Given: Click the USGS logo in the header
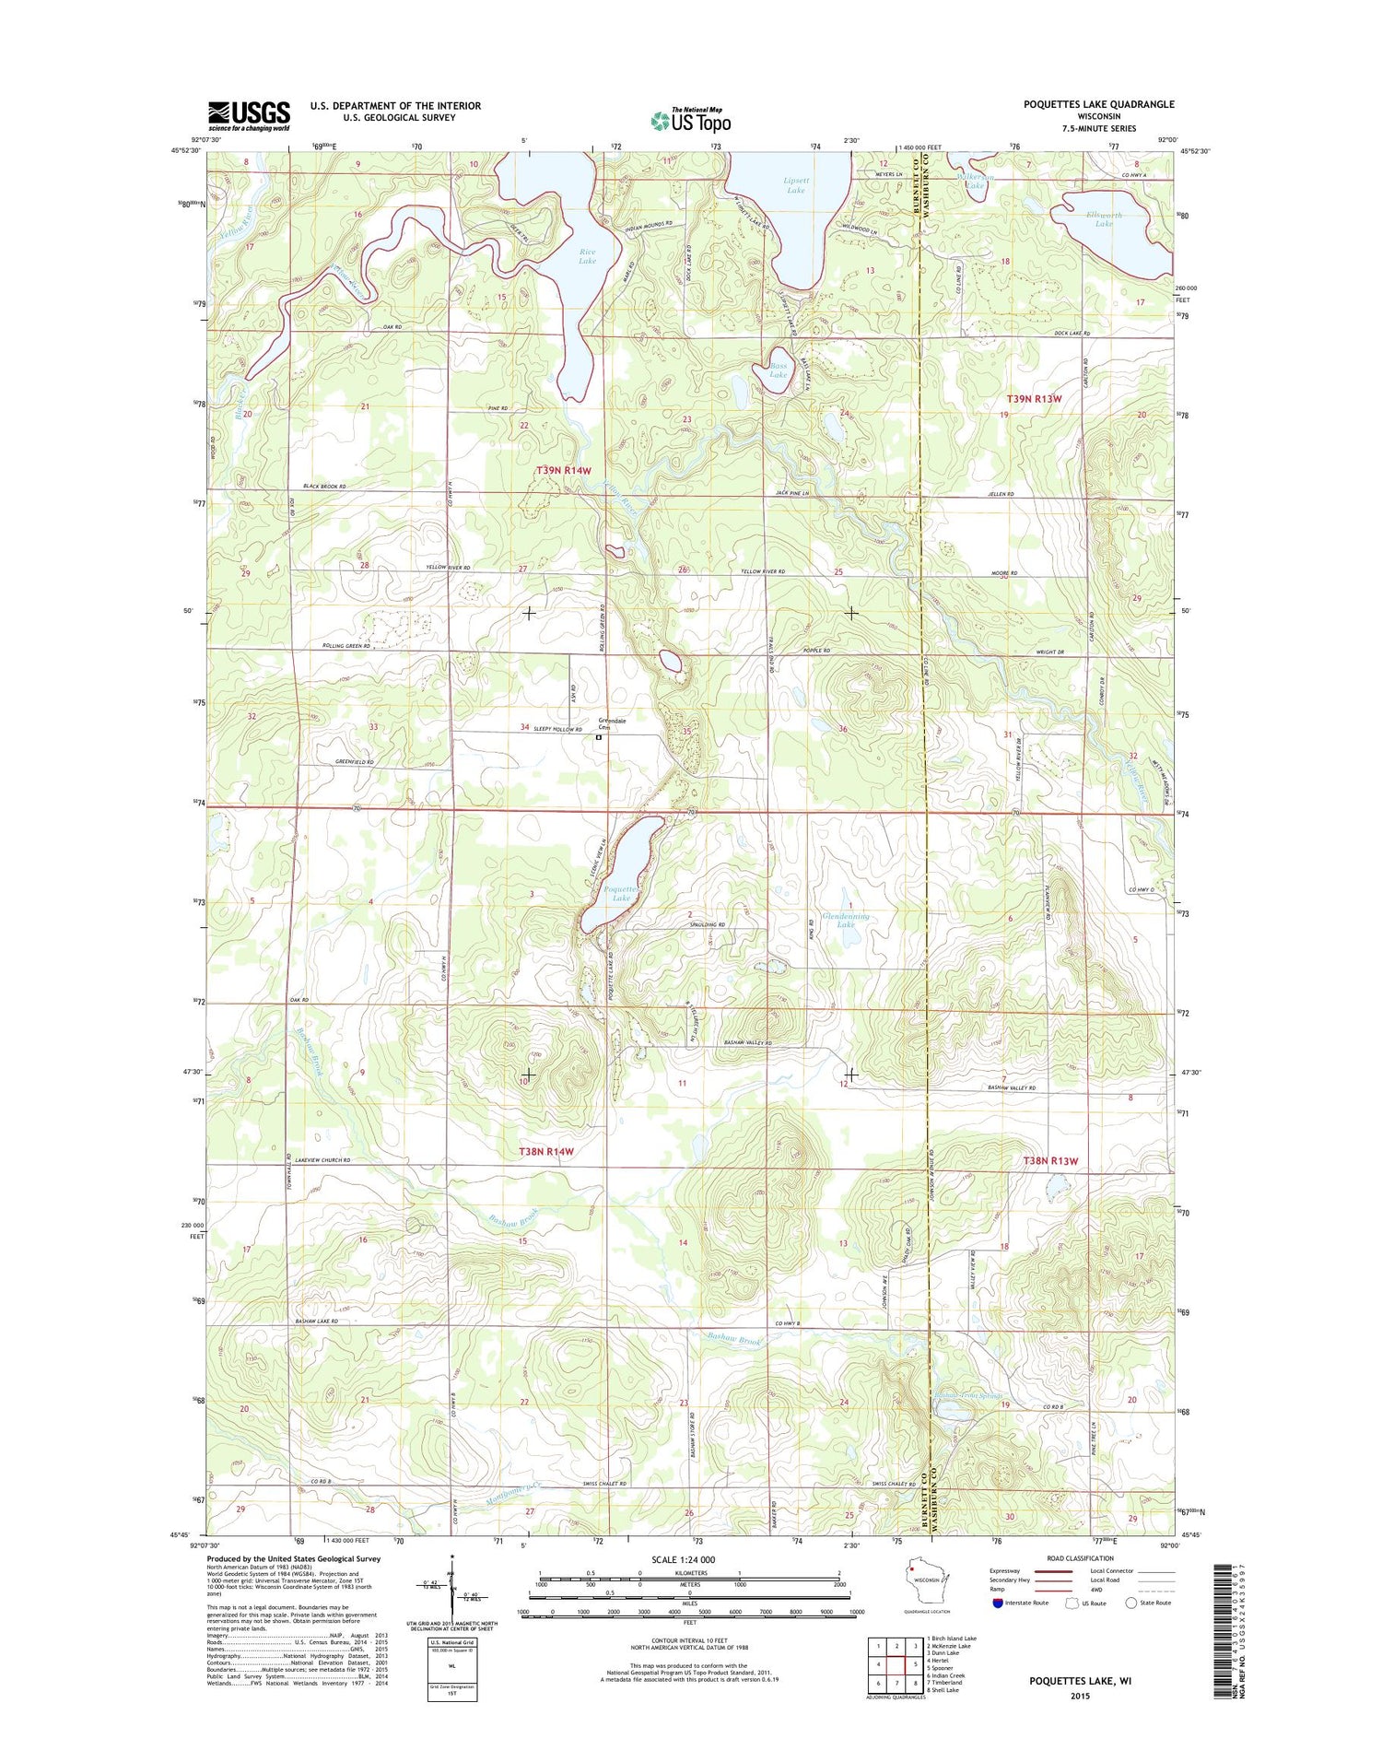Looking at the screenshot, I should click(249, 116).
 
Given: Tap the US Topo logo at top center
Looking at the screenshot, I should click(691, 120).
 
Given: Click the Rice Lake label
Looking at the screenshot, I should click(587, 256).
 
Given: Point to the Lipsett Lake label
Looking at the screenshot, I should click(796, 185).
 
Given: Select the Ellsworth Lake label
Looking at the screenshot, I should click(1104, 219).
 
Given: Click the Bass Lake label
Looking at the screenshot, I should click(779, 370).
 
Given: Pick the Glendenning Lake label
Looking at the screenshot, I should click(846, 920).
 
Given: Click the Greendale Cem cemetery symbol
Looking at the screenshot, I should click(598, 737).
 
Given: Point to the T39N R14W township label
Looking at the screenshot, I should click(563, 470).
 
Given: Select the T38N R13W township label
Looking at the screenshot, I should click(1049, 1160).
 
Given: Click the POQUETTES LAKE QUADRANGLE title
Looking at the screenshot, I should click(1098, 104).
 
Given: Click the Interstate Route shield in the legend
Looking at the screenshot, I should click(998, 1603).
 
